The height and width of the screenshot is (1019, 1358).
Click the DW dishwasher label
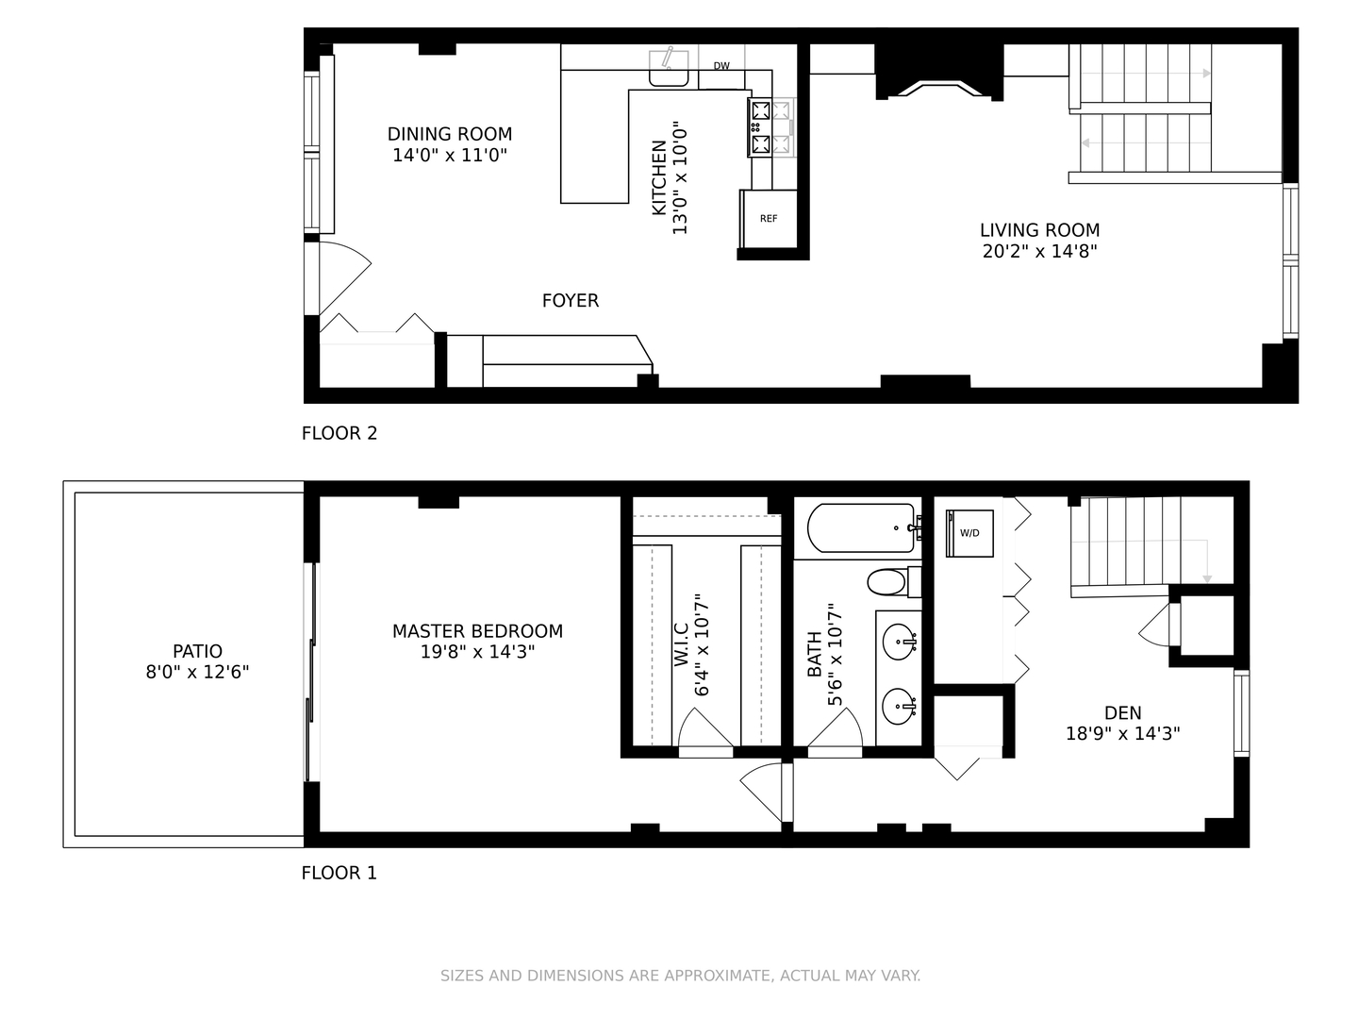pyautogui.click(x=721, y=66)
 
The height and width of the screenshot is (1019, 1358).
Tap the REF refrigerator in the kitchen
pyautogui.click(x=769, y=218)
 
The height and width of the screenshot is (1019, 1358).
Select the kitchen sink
pyautogui.click(x=669, y=68)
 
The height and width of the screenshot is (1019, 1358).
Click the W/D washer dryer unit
pyautogui.click(x=969, y=533)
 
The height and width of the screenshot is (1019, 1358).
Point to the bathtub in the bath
pyautogui.click(x=861, y=527)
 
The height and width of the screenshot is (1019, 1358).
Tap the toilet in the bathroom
pyautogui.click(x=894, y=581)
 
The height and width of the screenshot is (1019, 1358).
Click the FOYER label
pyautogui.click(x=571, y=301)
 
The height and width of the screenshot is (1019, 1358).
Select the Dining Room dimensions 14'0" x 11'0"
pyautogui.click(x=450, y=155)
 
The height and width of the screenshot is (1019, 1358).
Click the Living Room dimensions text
pyautogui.click(x=1040, y=251)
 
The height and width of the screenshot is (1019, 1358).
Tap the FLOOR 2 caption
pyautogui.click(x=339, y=433)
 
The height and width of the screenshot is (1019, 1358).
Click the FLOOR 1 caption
pyautogui.click(x=339, y=873)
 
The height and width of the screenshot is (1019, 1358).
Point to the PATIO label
pyautogui.click(x=197, y=651)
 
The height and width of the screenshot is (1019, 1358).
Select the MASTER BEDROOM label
pyautogui.click(x=477, y=631)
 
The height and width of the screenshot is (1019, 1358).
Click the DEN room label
pyautogui.click(x=1123, y=712)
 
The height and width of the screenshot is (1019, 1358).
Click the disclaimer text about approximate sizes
pyautogui.click(x=681, y=976)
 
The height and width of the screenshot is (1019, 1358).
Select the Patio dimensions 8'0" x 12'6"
pyautogui.click(x=197, y=672)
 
